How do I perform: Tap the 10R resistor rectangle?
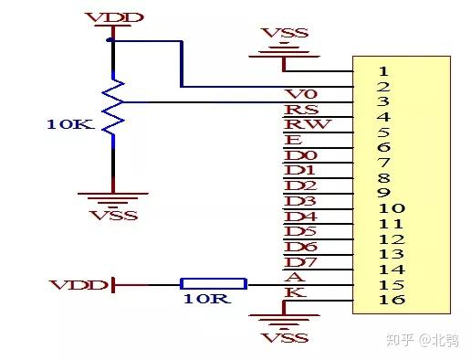(x=213, y=284)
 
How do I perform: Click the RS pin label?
(x=296, y=110)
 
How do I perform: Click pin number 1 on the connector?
(x=383, y=70)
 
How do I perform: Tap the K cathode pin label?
(x=294, y=292)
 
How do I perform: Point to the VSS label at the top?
(x=285, y=34)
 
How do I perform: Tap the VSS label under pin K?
(x=279, y=337)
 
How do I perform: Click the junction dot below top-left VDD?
(x=110, y=41)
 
